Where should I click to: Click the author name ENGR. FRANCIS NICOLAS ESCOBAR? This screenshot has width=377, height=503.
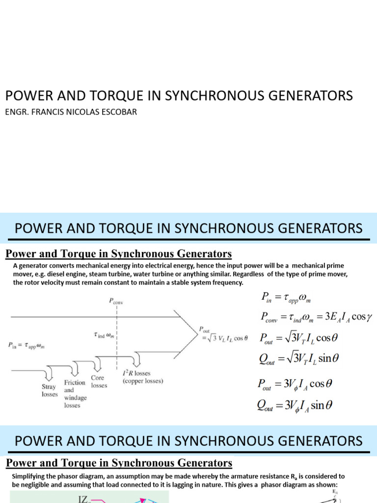click(x=71, y=112)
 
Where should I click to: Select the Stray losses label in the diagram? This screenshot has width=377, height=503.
click(x=50, y=391)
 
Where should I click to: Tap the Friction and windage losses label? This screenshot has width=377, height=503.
click(x=75, y=393)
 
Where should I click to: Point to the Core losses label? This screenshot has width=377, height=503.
click(x=99, y=382)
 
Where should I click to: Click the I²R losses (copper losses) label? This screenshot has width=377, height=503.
click(x=143, y=377)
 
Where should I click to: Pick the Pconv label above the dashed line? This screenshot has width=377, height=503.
click(x=116, y=303)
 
